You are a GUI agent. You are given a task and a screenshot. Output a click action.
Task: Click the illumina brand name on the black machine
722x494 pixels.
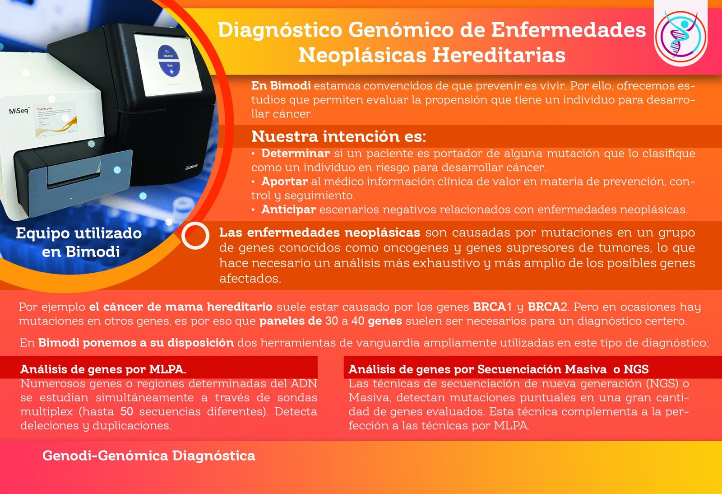(x=191, y=167)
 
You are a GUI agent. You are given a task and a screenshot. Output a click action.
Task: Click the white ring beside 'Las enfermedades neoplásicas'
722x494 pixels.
(x=195, y=236)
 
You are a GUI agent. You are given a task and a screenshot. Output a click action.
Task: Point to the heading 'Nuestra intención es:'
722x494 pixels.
(x=338, y=136)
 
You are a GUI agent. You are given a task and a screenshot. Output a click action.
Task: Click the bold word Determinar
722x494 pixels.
(x=296, y=153)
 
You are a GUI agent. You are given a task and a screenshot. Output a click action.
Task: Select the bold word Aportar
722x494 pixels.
(x=285, y=181)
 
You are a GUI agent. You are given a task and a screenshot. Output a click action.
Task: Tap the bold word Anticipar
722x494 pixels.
(x=288, y=209)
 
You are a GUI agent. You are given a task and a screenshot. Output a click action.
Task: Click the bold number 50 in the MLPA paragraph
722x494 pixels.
(x=127, y=411)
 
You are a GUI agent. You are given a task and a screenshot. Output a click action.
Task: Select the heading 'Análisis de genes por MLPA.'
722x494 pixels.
(x=103, y=369)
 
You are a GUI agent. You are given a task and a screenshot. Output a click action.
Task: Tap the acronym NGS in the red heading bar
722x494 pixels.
(x=636, y=369)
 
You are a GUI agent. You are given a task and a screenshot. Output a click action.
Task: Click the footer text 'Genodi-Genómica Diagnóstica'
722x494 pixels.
(x=149, y=456)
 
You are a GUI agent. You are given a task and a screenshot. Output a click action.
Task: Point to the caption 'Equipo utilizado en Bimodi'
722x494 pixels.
(x=79, y=242)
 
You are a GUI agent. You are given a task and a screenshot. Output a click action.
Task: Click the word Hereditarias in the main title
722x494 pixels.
(x=499, y=55)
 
